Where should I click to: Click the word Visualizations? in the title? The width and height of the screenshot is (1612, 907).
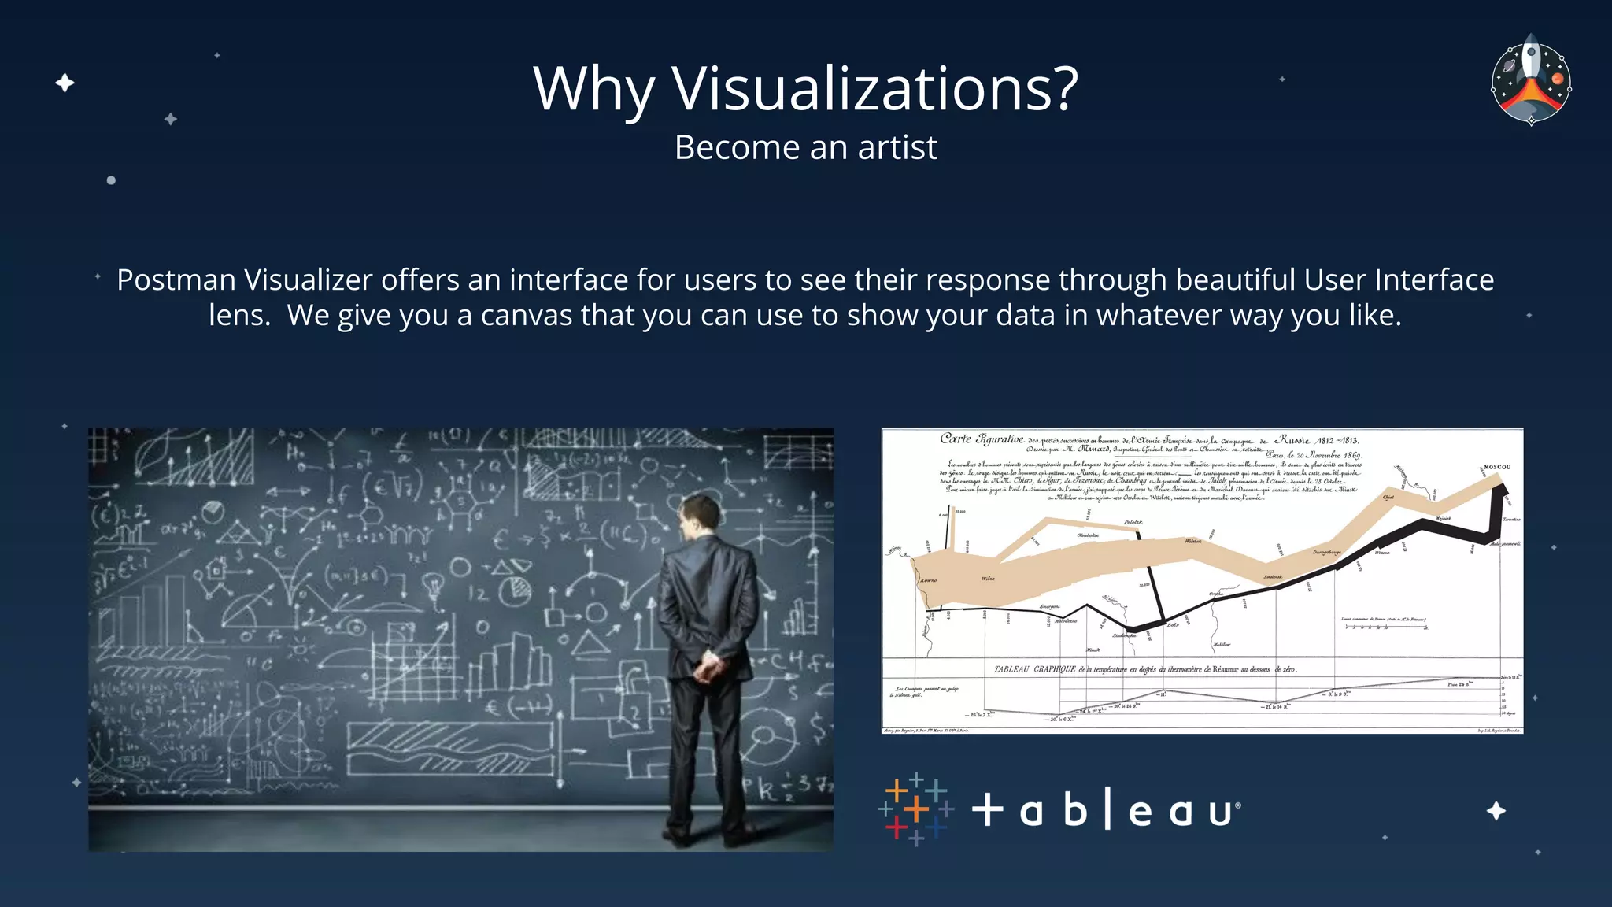point(874,88)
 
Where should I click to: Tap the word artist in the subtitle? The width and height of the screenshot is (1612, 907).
point(897,147)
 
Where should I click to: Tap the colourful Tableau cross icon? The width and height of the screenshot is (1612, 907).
point(915,809)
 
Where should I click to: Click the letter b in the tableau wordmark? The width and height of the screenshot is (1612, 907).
point(1075,810)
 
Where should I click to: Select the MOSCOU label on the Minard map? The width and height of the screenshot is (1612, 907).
point(1497,467)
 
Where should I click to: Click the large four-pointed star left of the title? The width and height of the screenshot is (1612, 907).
point(65,83)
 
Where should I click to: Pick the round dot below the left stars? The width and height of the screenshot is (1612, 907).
point(111,180)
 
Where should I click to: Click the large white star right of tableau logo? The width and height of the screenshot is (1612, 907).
point(1496,811)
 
